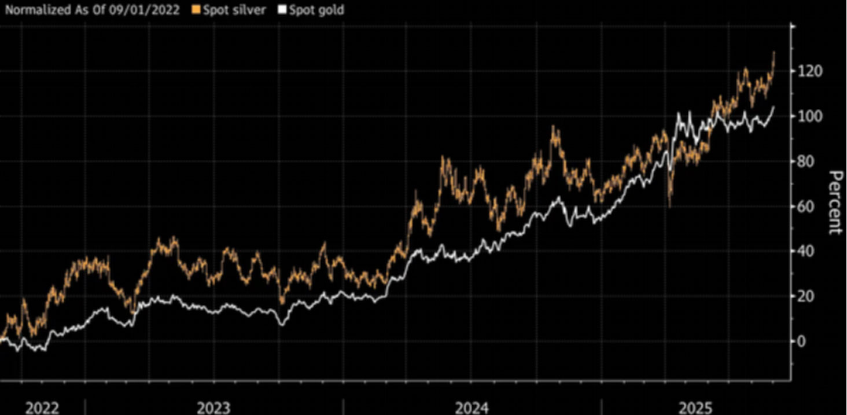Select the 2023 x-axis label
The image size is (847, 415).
point(213,408)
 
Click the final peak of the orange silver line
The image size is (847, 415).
point(774,53)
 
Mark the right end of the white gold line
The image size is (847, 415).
point(774,106)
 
